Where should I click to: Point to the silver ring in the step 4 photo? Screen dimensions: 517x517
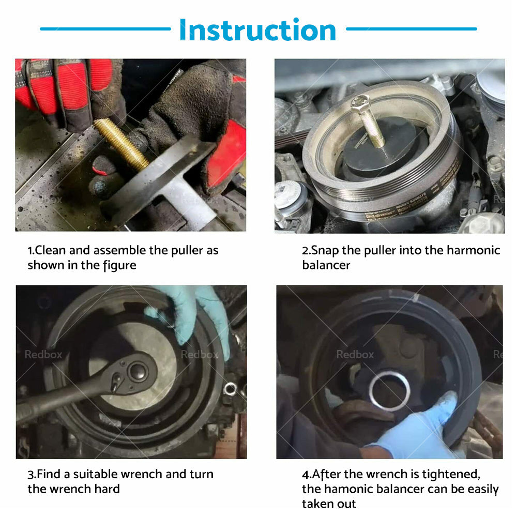389,391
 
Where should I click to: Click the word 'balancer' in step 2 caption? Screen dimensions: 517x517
326,266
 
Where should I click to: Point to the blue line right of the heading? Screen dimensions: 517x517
411,29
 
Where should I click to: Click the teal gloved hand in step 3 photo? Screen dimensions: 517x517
194,315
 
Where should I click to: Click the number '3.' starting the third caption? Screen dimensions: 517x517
31,474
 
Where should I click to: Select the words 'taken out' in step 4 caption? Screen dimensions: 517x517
329,504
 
